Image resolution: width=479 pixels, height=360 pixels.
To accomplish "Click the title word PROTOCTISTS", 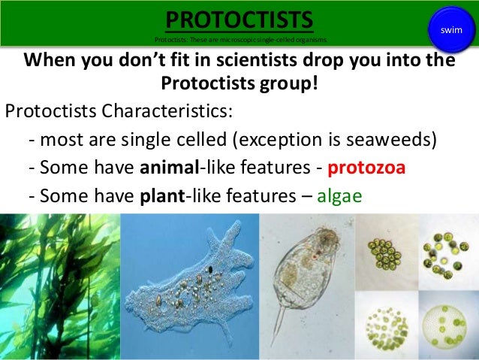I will click(x=239, y=18).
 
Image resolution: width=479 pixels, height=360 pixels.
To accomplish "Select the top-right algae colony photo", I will click(x=447, y=252).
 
